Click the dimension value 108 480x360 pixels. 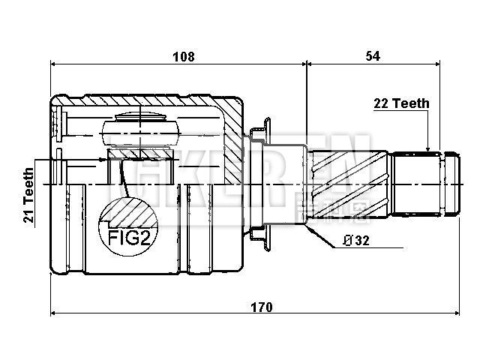pos(184,56)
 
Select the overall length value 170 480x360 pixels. pos(260,307)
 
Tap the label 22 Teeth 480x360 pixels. pos(401,104)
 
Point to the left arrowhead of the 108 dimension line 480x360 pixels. pos(55,64)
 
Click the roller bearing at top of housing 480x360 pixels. pos(140,128)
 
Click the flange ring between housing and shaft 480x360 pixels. pos(260,182)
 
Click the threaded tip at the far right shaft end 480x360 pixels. pos(449,182)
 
